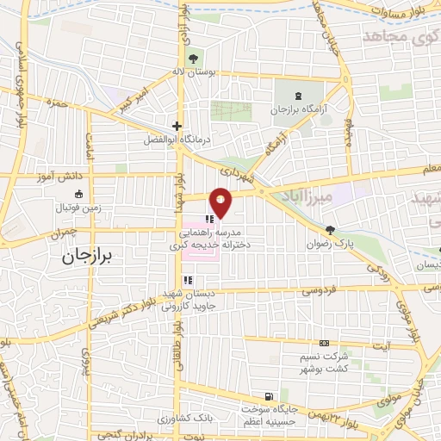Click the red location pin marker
coord(221,202)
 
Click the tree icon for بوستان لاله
coord(192,58)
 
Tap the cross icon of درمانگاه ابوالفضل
coord(177,125)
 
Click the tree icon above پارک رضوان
coord(329,229)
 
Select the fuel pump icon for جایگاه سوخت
coord(270,397)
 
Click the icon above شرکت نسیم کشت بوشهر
coord(324,343)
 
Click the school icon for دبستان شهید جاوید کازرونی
coord(187,279)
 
